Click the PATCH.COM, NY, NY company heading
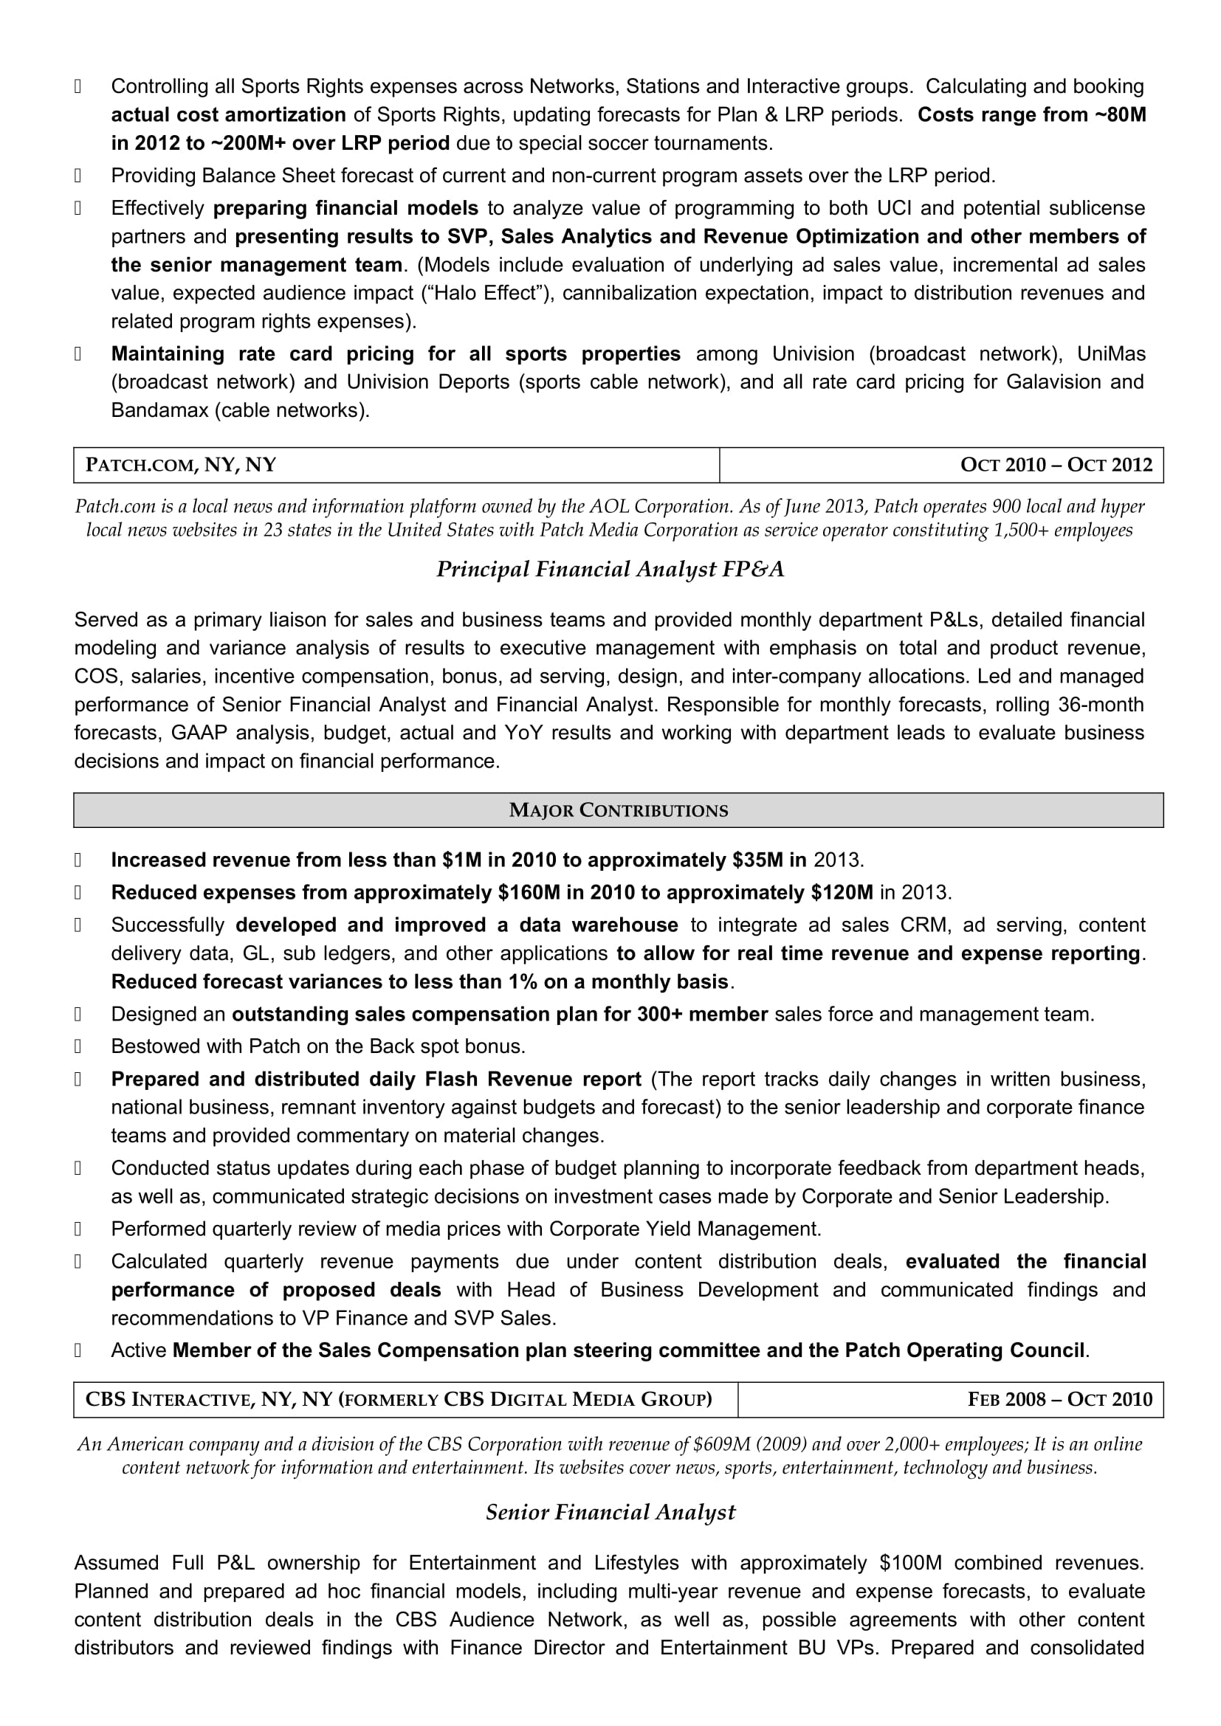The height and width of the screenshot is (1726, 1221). pos(181,466)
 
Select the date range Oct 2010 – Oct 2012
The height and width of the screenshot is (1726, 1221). pos(1056,466)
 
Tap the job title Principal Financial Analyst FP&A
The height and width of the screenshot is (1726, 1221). pos(610,570)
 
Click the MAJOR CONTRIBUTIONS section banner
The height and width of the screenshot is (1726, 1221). pos(618,810)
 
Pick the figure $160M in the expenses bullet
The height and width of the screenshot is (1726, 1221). pos(529,892)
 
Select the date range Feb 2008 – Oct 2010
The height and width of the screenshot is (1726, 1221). pos(1059,1399)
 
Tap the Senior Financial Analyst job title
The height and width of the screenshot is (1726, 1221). pos(610,1512)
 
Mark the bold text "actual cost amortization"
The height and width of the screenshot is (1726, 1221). pos(229,115)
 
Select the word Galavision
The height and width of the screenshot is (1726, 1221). pos(1053,382)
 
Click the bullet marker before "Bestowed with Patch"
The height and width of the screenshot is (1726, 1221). pos(78,1047)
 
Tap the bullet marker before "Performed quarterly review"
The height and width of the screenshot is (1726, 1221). pos(78,1230)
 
